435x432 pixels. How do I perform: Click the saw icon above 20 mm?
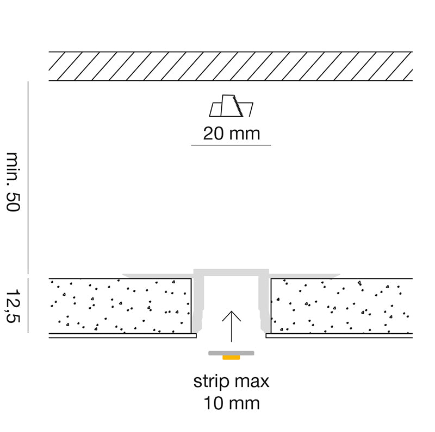[x=231, y=106]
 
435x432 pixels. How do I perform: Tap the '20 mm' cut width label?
[x=232, y=134]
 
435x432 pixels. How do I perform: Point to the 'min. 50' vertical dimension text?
[x=13, y=182]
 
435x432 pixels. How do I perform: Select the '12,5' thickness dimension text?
[x=13, y=306]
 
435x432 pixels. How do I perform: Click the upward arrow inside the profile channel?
[x=232, y=326]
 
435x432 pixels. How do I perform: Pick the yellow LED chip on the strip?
[x=231, y=358]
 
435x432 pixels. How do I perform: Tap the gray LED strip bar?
[x=231, y=353]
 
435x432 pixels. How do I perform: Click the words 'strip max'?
[x=231, y=382]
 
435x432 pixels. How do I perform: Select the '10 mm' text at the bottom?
[x=232, y=403]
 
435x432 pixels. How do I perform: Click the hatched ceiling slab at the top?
[x=231, y=66]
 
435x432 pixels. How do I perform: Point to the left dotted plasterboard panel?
[x=120, y=306]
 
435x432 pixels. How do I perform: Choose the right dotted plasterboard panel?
[x=341, y=306]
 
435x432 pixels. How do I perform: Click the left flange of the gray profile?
[x=158, y=276]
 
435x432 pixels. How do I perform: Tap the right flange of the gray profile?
[x=304, y=276]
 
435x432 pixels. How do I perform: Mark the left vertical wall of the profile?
[x=198, y=303]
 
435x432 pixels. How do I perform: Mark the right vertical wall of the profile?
[x=264, y=303]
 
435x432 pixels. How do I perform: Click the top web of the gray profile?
[x=231, y=272]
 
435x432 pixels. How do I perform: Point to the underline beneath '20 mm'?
[x=231, y=145]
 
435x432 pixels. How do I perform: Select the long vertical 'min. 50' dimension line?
[x=28, y=177]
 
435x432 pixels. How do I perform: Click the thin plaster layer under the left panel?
[x=123, y=335]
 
